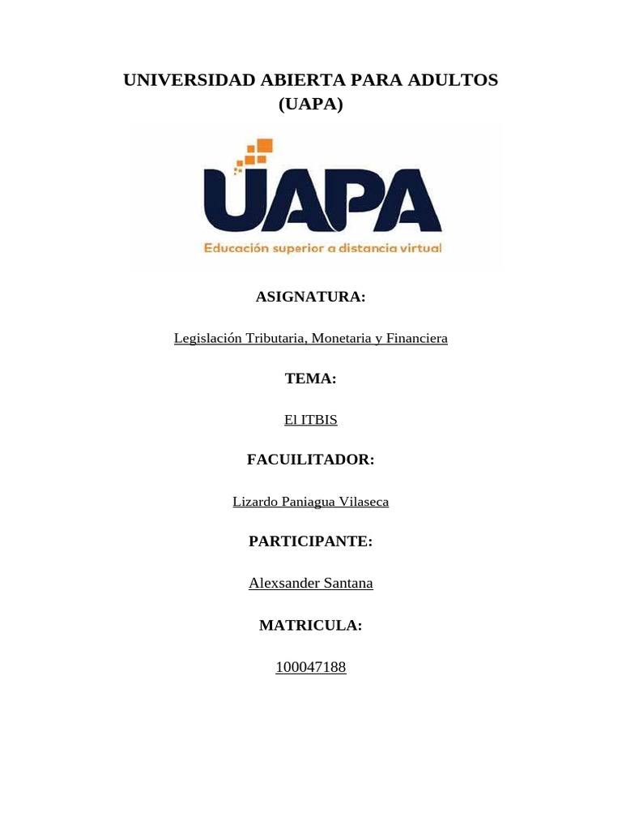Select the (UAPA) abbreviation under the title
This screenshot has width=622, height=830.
point(311,105)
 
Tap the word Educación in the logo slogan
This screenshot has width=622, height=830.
point(234,249)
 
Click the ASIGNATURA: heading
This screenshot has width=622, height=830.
point(311,297)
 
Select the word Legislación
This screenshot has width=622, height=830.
point(208,338)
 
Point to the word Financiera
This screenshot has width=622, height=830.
point(416,338)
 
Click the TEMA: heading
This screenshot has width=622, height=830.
point(311,379)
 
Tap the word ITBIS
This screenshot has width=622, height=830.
point(319,420)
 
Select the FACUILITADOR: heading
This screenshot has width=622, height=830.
point(311,460)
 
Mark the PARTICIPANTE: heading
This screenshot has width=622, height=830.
point(311,541)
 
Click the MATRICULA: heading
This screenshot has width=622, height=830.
point(311,625)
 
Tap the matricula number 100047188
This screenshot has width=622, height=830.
point(311,667)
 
